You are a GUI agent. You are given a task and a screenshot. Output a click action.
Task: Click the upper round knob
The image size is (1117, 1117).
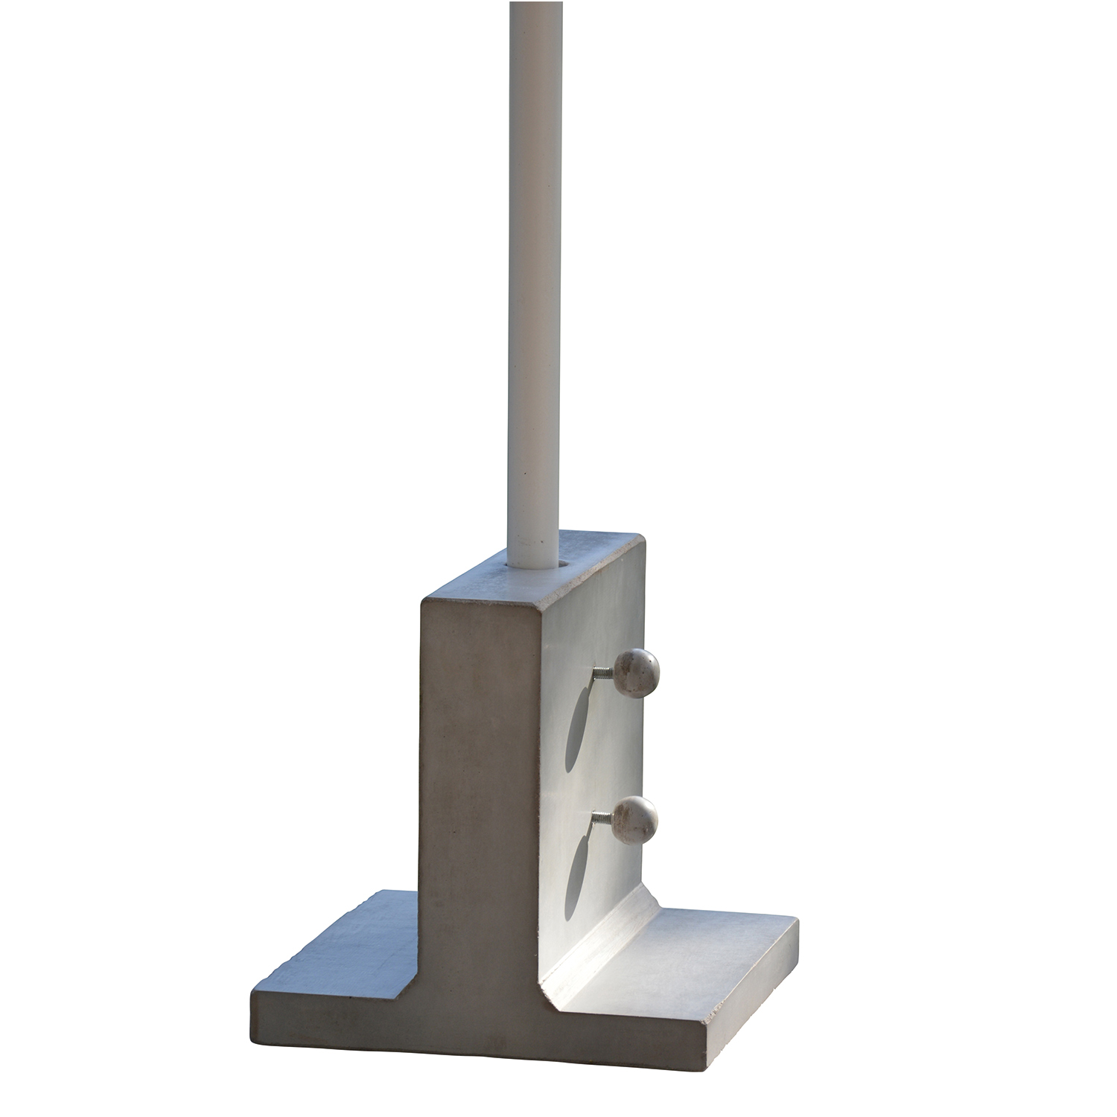[x=637, y=672]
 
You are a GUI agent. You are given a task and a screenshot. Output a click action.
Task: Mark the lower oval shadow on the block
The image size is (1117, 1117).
[x=576, y=879]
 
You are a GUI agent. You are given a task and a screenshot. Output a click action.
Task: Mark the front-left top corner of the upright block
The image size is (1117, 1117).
[x=423, y=602]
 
